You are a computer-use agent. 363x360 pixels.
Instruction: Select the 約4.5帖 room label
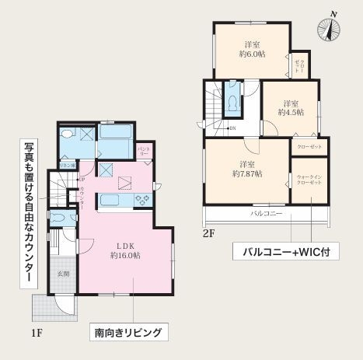(x=291, y=107)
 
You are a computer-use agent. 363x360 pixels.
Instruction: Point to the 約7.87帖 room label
(x=247, y=169)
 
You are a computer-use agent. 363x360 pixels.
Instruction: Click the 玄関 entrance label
(x=63, y=274)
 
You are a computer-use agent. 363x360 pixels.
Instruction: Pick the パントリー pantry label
(x=144, y=149)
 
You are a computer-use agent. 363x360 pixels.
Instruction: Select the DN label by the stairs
(x=232, y=128)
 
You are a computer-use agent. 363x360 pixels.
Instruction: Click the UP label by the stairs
(x=81, y=180)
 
